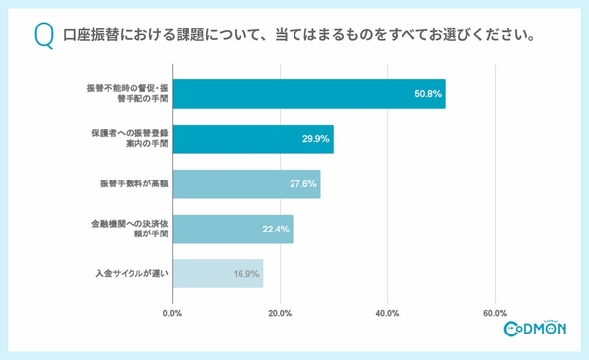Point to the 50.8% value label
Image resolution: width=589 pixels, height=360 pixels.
pyautogui.click(x=428, y=95)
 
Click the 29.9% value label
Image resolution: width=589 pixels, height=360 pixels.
pyautogui.click(x=317, y=140)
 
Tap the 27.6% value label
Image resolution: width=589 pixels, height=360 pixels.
pyautogui.click(x=304, y=184)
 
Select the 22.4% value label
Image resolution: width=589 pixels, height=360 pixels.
pyautogui.click(x=276, y=230)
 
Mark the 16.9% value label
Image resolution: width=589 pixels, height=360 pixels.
pyautogui.click(x=247, y=274)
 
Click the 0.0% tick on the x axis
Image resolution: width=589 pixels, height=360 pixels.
pyautogui.click(x=172, y=314)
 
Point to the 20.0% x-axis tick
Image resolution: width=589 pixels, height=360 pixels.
pyautogui.click(x=280, y=314)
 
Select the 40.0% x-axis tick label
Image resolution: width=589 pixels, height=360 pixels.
pyautogui.click(x=387, y=314)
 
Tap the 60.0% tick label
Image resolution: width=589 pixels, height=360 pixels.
pyautogui.click(x=495, y=314)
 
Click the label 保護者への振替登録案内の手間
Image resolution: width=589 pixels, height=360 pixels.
pyautogui.click(x=126, y=139)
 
